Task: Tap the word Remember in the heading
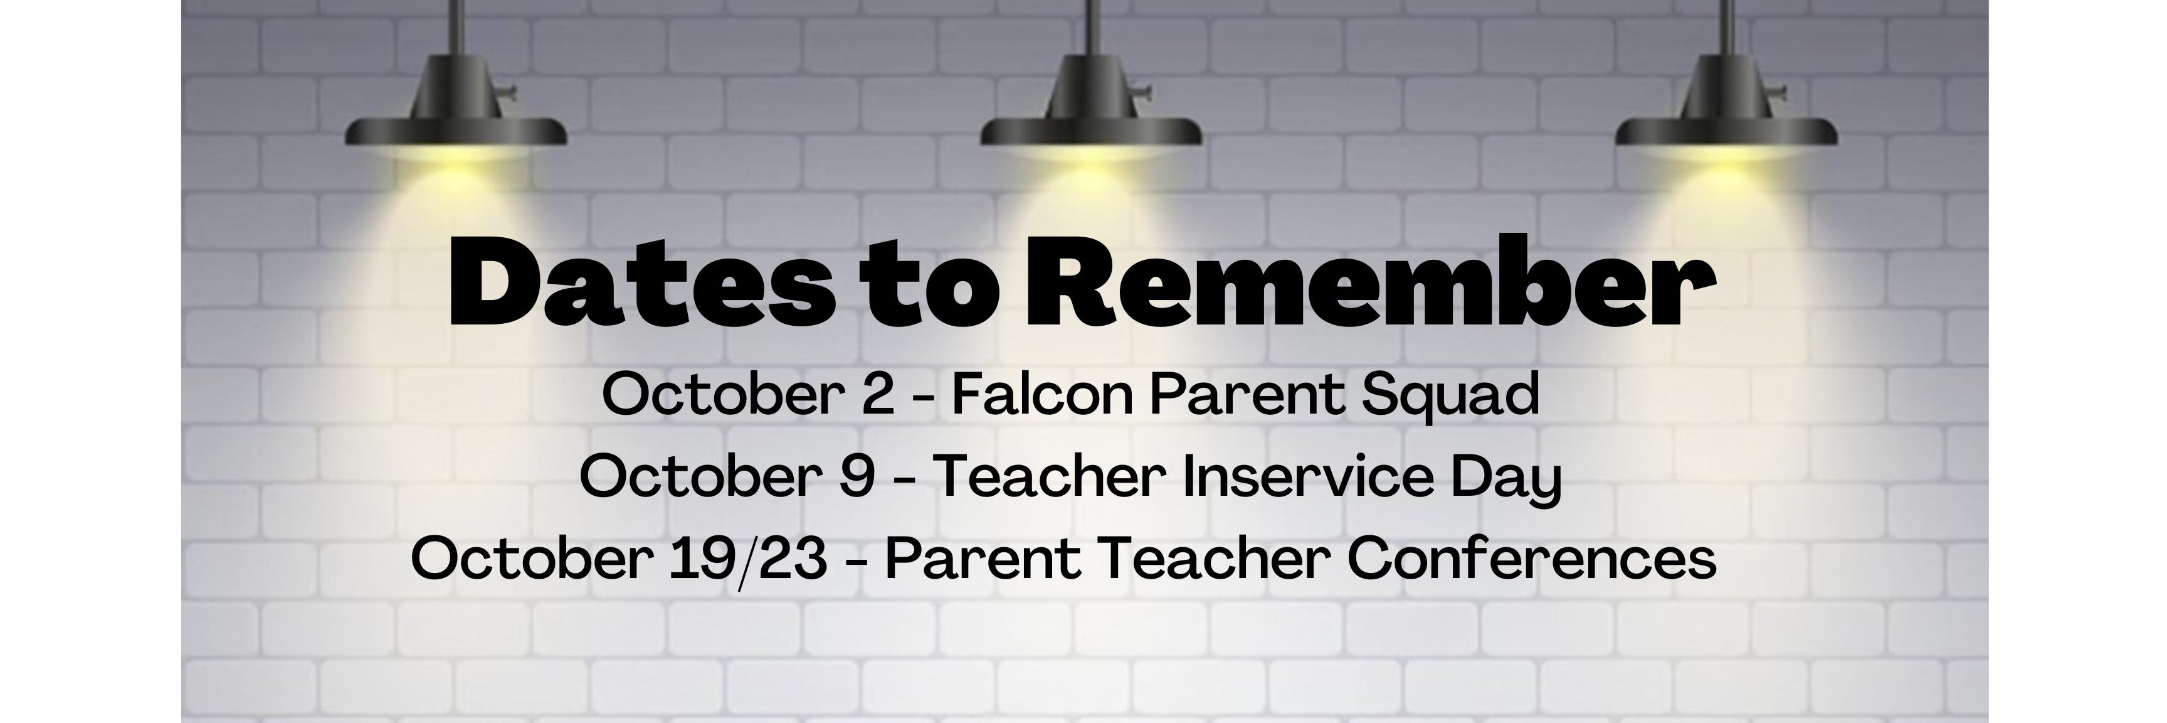click(x=1369, y=284)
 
